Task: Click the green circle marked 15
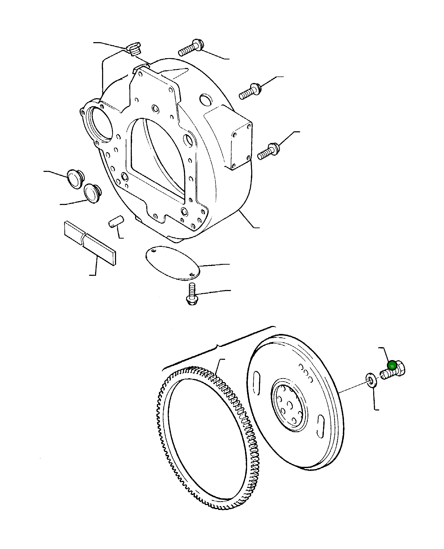[x=392, y=366]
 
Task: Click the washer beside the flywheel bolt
[x=371, y=380]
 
